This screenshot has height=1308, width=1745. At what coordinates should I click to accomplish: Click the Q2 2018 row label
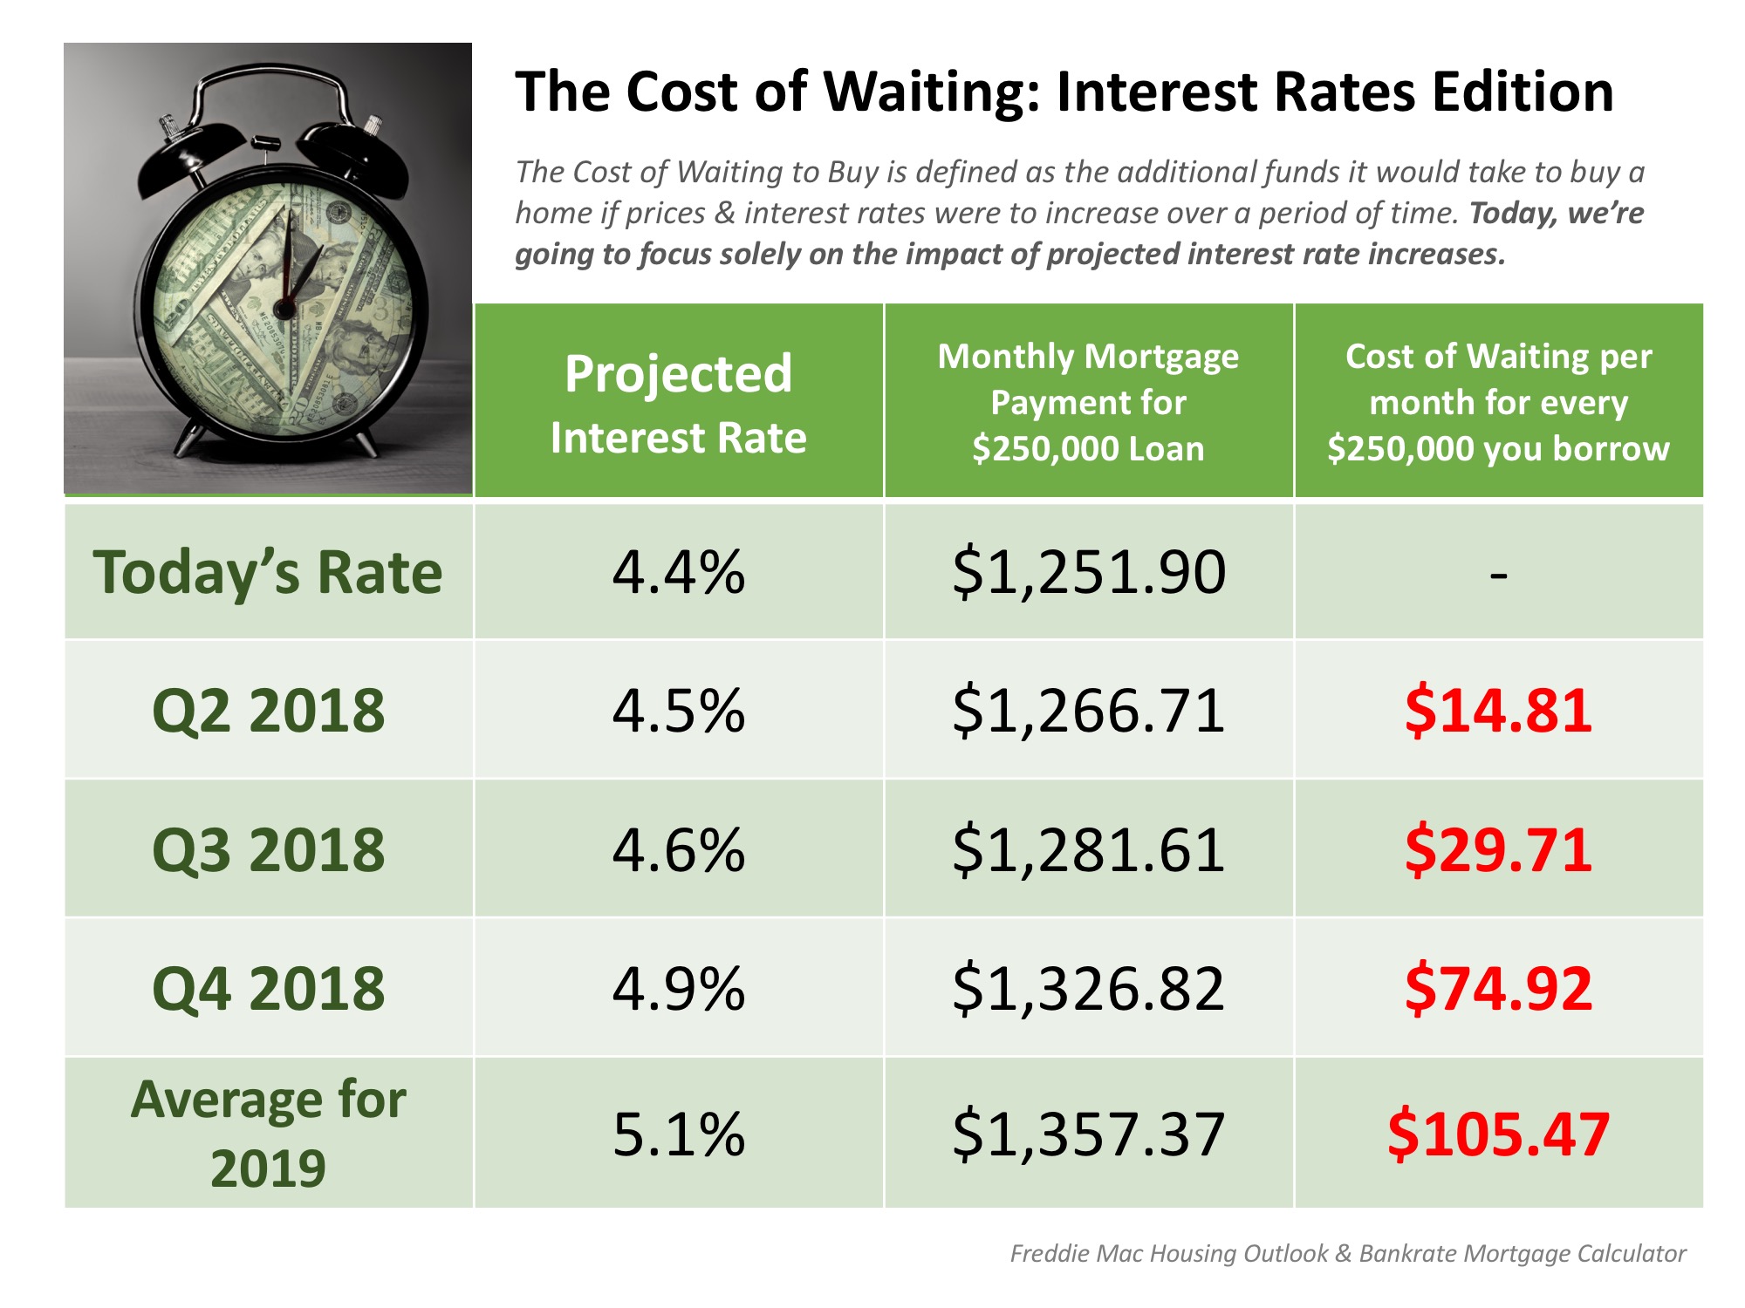[268, 710]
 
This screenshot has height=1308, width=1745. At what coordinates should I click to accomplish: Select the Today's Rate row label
[268, 573]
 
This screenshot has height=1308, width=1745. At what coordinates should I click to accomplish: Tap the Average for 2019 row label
[268, 1133]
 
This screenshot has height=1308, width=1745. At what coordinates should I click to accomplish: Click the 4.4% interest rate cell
[678, 573]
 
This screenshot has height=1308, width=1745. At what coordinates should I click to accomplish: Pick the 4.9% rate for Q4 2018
[678, 989]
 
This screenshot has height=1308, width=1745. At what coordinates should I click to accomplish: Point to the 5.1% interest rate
[678, 1134]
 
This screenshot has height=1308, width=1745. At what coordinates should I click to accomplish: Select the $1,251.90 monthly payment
[1089, 573]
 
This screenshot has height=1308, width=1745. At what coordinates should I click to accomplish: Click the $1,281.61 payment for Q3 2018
[1089, 850]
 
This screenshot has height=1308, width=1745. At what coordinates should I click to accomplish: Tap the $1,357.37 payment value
[1089, 1134]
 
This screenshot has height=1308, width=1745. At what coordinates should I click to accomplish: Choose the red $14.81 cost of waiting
[1498, 710]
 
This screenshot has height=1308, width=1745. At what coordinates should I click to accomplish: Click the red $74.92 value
[1498, 989]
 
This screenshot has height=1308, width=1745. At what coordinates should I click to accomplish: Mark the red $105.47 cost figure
[1498, 1134]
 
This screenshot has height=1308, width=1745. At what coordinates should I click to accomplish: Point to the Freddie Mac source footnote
[1347, 1253]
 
